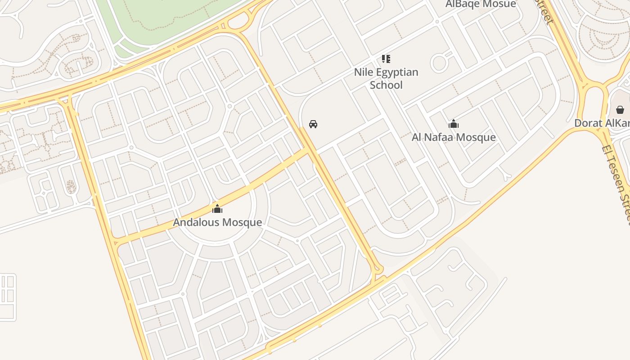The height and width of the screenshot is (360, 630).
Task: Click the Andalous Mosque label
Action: coord(217,222)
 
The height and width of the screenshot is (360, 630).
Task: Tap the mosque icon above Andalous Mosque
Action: coord(217,209)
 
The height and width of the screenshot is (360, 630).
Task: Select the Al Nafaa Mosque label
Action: coord(454,137)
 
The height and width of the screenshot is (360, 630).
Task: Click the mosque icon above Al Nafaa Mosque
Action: coord(454,124)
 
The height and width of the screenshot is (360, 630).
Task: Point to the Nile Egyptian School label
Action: coord(386,78)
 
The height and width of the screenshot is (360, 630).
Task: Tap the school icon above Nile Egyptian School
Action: coord(386,58)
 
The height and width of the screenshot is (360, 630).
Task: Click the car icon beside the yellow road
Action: coord(313,124)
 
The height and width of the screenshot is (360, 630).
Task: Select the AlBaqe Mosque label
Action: coord(481,4)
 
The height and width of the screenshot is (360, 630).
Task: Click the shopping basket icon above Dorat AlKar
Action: coord(620,109)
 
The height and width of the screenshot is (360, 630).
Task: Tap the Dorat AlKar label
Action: coord(602,123)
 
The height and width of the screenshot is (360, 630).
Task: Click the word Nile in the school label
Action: coord(363,72)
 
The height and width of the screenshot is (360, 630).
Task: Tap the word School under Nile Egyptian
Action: coord(386,85)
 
